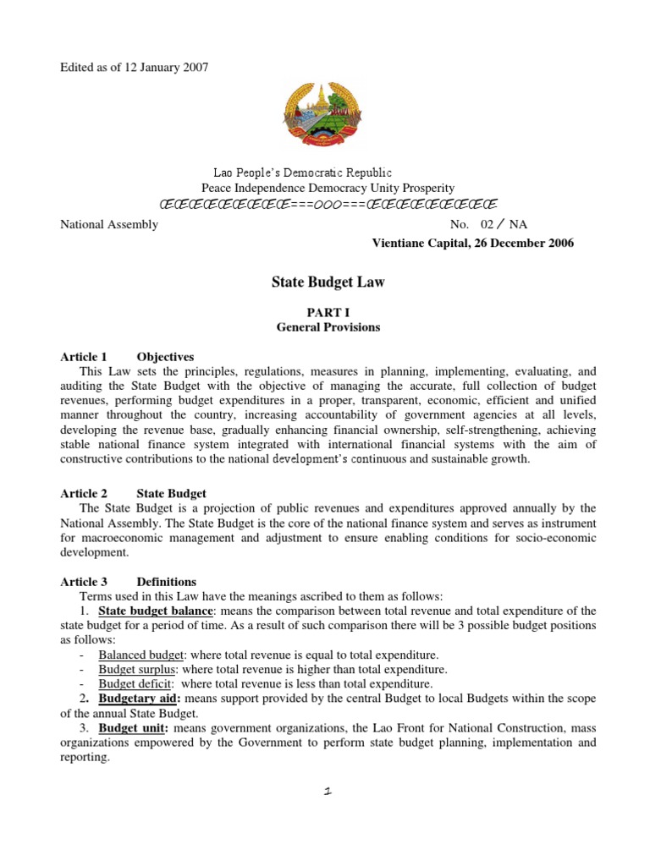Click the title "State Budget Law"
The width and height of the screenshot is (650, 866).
point(328,282)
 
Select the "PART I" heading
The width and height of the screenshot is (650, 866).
point(328,312)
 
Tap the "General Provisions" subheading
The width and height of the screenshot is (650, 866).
point(328,327)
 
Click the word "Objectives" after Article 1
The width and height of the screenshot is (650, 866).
point(165,357)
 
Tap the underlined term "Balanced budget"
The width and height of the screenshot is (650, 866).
point(138,655)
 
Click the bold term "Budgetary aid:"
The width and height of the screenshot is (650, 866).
point(140,699)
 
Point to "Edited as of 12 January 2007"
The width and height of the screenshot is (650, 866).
point(134,67)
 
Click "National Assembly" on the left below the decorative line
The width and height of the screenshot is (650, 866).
point(109,225)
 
